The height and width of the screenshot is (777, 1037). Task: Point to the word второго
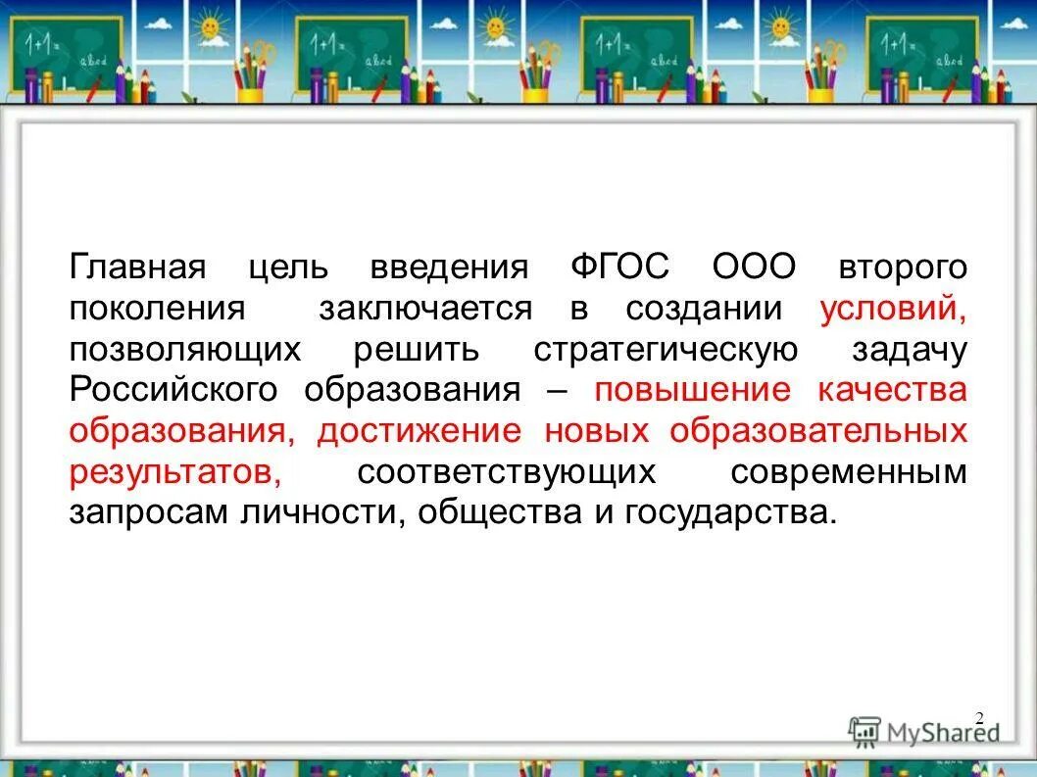tap(902, 267)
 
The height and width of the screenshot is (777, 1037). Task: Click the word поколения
tap(157, 309)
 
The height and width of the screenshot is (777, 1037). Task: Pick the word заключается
tap(425, 309)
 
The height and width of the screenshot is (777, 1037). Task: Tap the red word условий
tap(892, 309)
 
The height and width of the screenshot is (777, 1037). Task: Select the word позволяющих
tap(184, 350)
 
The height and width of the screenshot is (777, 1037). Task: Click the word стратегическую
tap(666, 350)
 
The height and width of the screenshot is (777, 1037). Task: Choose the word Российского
tap(174, 390)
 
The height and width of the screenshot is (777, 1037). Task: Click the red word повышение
tap(692, 390)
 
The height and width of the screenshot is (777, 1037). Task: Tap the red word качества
tap(892, 390)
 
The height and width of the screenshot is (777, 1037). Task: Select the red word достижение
tap(419, 431)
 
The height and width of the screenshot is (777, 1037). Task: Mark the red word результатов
tap(175, 472)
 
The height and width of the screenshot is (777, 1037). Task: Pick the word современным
tap(849, 472)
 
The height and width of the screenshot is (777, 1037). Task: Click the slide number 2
tap(978, 718)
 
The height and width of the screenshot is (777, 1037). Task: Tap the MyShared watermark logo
tap(923, 731)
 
